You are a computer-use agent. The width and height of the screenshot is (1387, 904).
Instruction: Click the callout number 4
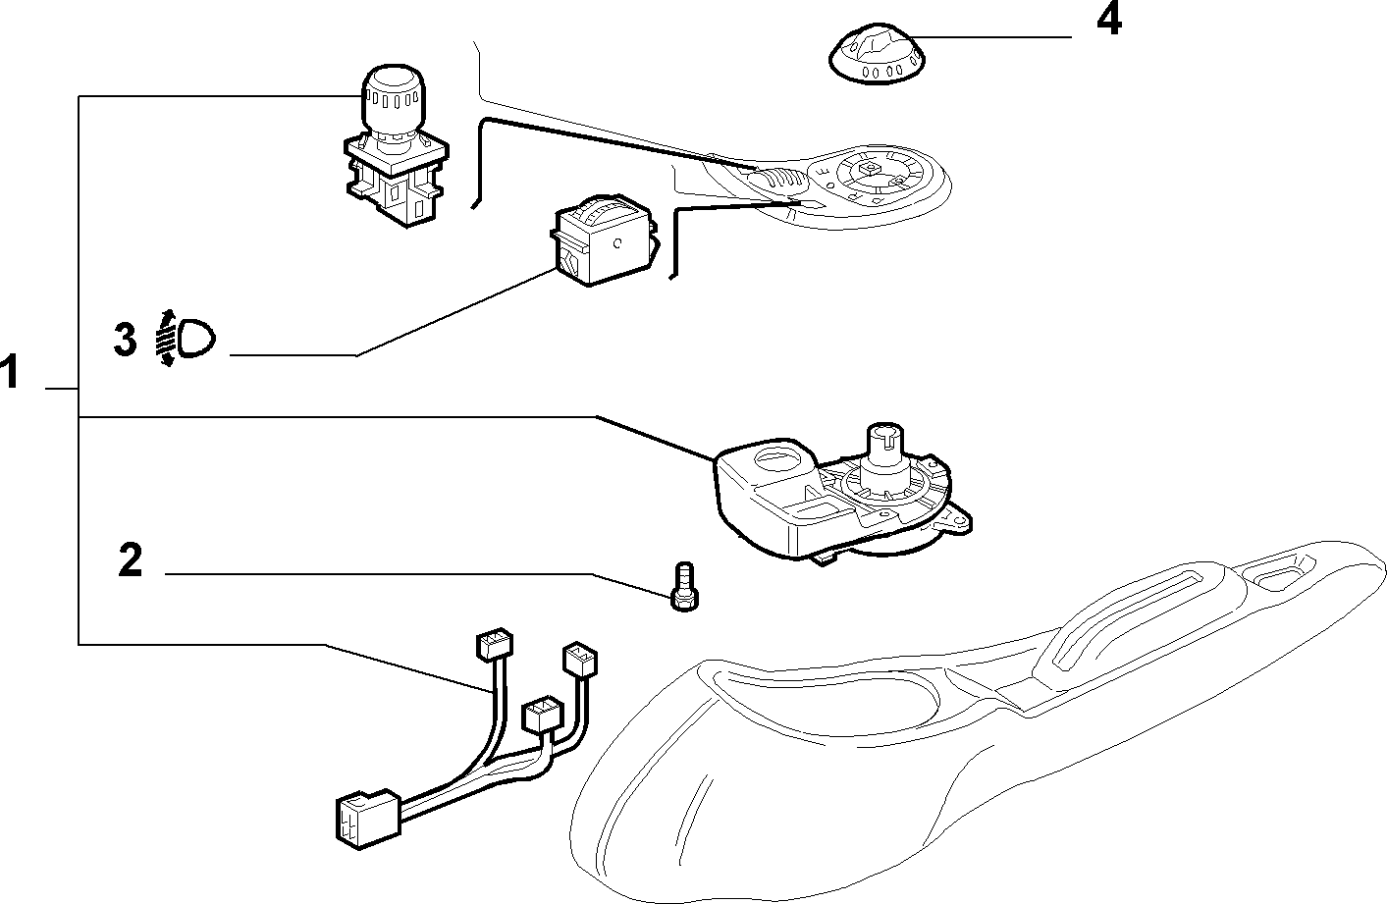1109,20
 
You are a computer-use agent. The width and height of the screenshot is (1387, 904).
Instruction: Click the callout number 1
9,371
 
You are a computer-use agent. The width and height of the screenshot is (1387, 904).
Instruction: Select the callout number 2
130,559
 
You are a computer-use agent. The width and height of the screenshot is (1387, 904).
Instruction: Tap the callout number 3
125,340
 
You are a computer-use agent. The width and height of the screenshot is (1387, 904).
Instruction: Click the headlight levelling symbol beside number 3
185,338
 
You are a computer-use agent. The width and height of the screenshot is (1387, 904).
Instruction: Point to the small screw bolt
684,586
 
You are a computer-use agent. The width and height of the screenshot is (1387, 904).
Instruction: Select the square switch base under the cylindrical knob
397,180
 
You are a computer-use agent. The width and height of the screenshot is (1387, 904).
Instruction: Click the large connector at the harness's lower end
368,818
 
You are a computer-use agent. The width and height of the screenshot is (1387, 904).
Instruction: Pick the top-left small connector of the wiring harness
494,645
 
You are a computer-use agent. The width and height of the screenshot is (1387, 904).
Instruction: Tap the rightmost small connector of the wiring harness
579,660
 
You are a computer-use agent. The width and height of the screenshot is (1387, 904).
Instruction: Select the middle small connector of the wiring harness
543,714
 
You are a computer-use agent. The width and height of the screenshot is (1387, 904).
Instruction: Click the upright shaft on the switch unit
884,452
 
